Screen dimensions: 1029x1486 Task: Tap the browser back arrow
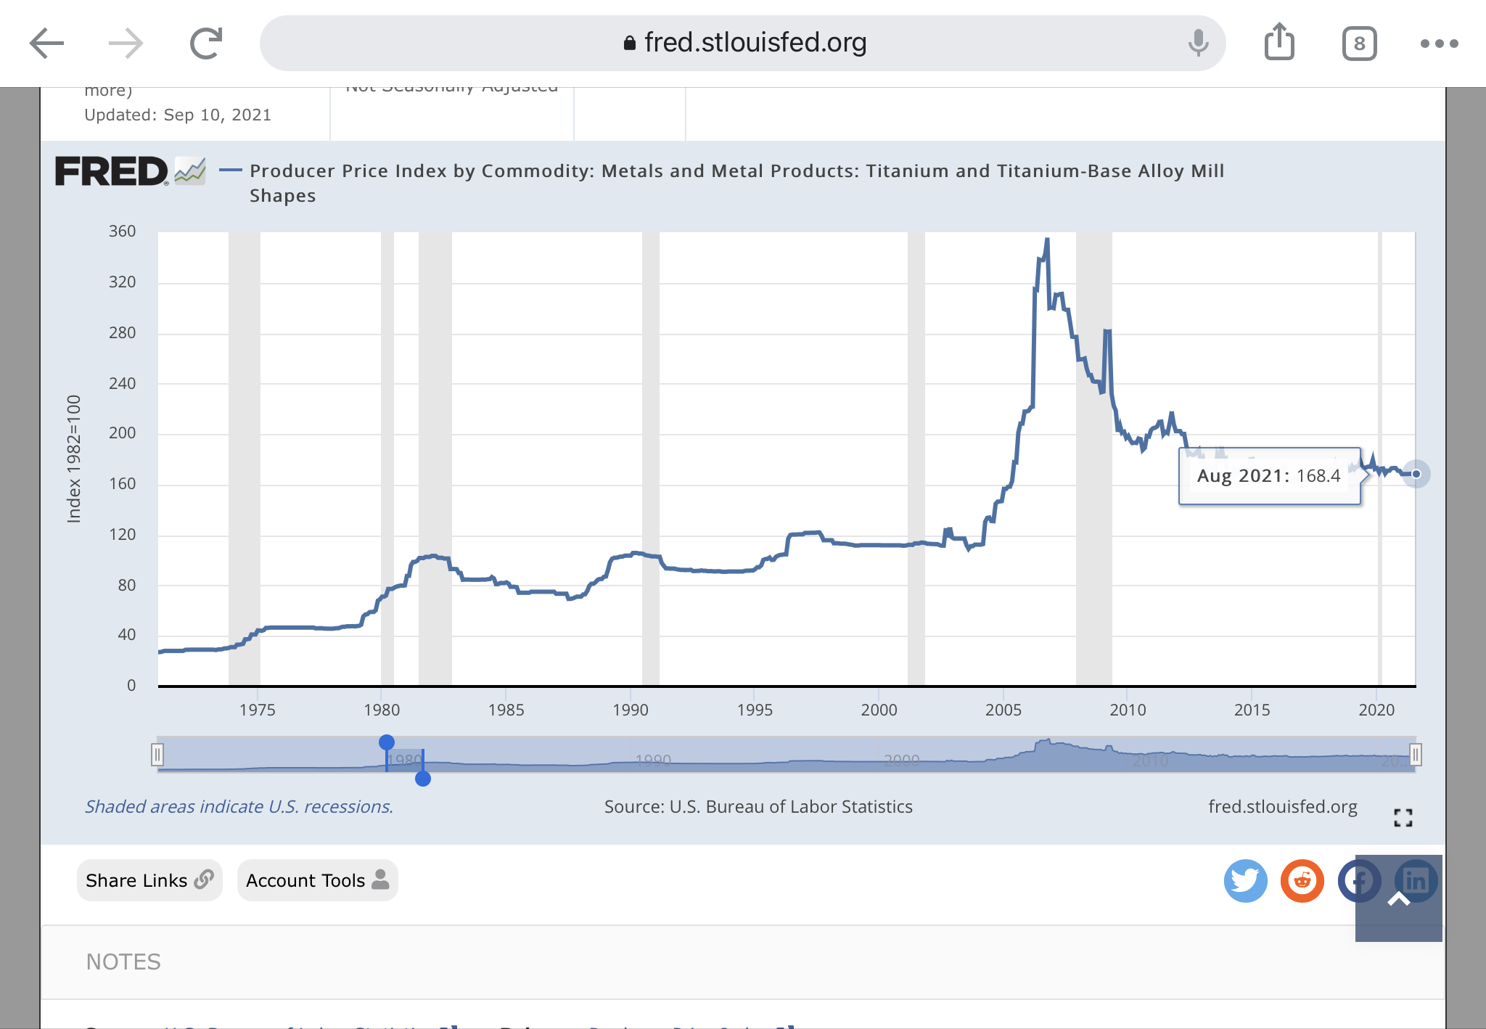(x=47, y=44)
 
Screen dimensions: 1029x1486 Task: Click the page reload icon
(x=206, y=44)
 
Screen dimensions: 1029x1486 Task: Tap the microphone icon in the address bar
(x=1198, y=43)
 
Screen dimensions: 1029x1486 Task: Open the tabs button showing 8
(x=1359, y=44)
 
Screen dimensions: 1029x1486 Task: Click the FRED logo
(x=112, y=172)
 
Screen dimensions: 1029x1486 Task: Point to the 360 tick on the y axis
(x=122, y=231)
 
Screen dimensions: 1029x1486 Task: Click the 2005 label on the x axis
(x=1003, y=710)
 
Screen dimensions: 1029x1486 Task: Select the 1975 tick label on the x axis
(x=257, y=710)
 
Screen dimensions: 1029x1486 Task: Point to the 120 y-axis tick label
(x=122, y=535)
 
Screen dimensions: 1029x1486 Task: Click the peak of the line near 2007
(x=1046, y=239)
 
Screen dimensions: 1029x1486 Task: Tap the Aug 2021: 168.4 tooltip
(x=1268, y=476)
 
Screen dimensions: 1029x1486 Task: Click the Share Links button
(x=149, y=880)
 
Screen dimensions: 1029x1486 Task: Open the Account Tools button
(x=317, y=880)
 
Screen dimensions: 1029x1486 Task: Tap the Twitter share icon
(x=1245, y=881)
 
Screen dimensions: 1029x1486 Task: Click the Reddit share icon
(x=1302, y=881)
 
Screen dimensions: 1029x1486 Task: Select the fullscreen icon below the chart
(x=1403, y=818)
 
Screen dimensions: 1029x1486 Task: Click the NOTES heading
(x=123, y=962)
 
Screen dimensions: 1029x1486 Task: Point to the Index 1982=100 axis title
(x=74, y=459)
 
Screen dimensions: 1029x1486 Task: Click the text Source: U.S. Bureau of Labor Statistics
(x=758, y=807)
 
